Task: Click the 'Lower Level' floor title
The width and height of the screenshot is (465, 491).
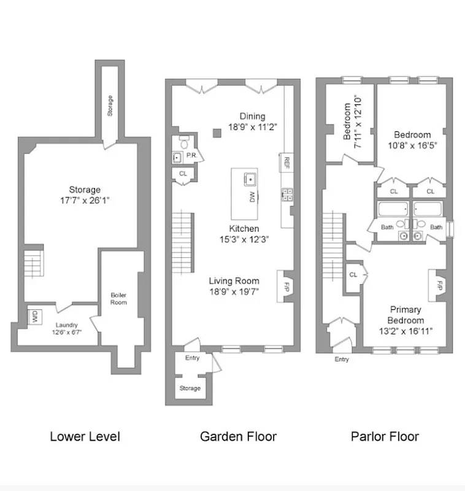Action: click(x=85, y=436)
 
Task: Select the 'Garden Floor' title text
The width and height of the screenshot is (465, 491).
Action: click(x=238, y=436)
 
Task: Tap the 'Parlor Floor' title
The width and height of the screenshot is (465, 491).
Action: click(x=385, y=436)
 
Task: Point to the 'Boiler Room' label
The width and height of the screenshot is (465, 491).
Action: click(x=118, y=298)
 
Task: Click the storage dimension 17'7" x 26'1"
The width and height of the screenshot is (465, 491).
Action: click(x=85, y=199)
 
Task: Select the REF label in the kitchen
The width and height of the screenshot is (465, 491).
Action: click(x=286, y=163)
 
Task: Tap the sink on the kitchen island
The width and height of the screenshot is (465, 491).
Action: click(x=250, y=179)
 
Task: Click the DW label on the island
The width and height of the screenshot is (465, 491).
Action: click(x=252, y=196)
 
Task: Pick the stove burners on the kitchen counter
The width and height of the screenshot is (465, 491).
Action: click(x=286, y=195)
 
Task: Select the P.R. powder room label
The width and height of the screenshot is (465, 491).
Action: click(x=191, y=156)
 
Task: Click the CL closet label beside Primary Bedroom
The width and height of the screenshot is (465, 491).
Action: click(x=353, y=274)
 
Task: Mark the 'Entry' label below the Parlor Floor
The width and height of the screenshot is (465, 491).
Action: click(x=342, y=360)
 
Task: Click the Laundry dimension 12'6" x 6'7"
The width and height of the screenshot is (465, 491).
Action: click(x=67, y=332)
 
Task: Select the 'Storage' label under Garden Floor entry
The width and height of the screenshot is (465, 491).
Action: click(x=190, y=388)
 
